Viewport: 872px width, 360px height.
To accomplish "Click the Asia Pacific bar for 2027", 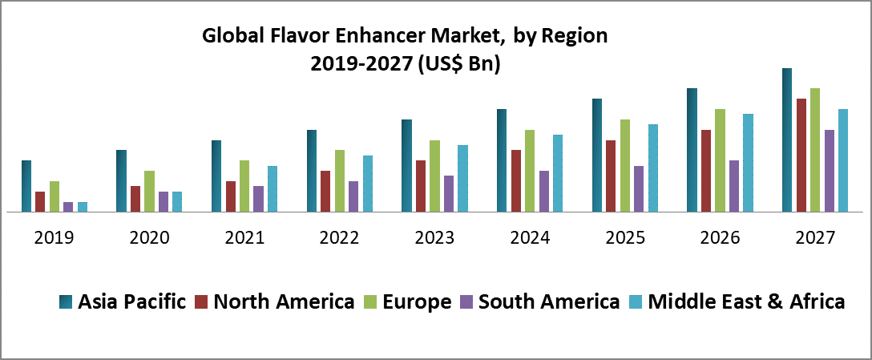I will click(787, 140).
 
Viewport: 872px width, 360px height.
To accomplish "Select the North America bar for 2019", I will click(40, 202).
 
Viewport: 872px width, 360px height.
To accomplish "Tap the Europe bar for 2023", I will click(434, 176).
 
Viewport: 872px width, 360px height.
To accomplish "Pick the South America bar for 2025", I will click(639, 189).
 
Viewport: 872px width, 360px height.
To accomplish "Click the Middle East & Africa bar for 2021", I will click(272, 189).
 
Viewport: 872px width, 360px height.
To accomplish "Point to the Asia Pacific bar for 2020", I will click(121, 181).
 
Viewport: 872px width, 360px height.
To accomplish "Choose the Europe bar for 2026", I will click(720, 160).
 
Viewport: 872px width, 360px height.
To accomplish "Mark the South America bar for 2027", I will click(830, 171).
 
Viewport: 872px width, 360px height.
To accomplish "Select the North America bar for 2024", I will click(516, 181).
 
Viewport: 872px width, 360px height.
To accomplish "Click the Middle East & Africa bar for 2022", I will click(368, 184).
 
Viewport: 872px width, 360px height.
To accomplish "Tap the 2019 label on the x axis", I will click(54, 238).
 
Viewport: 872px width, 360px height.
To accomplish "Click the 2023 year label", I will click(434, 238).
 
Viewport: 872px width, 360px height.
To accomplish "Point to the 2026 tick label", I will click(720, 238).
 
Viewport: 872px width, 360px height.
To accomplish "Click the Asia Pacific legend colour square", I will click(66, 302).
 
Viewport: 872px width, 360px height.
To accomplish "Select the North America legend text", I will click(284, 302).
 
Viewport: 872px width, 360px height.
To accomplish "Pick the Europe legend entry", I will click(416, 302).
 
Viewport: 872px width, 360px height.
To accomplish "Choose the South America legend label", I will click(548, 302).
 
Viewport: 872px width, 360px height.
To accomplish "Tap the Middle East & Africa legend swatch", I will click(636, 302).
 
